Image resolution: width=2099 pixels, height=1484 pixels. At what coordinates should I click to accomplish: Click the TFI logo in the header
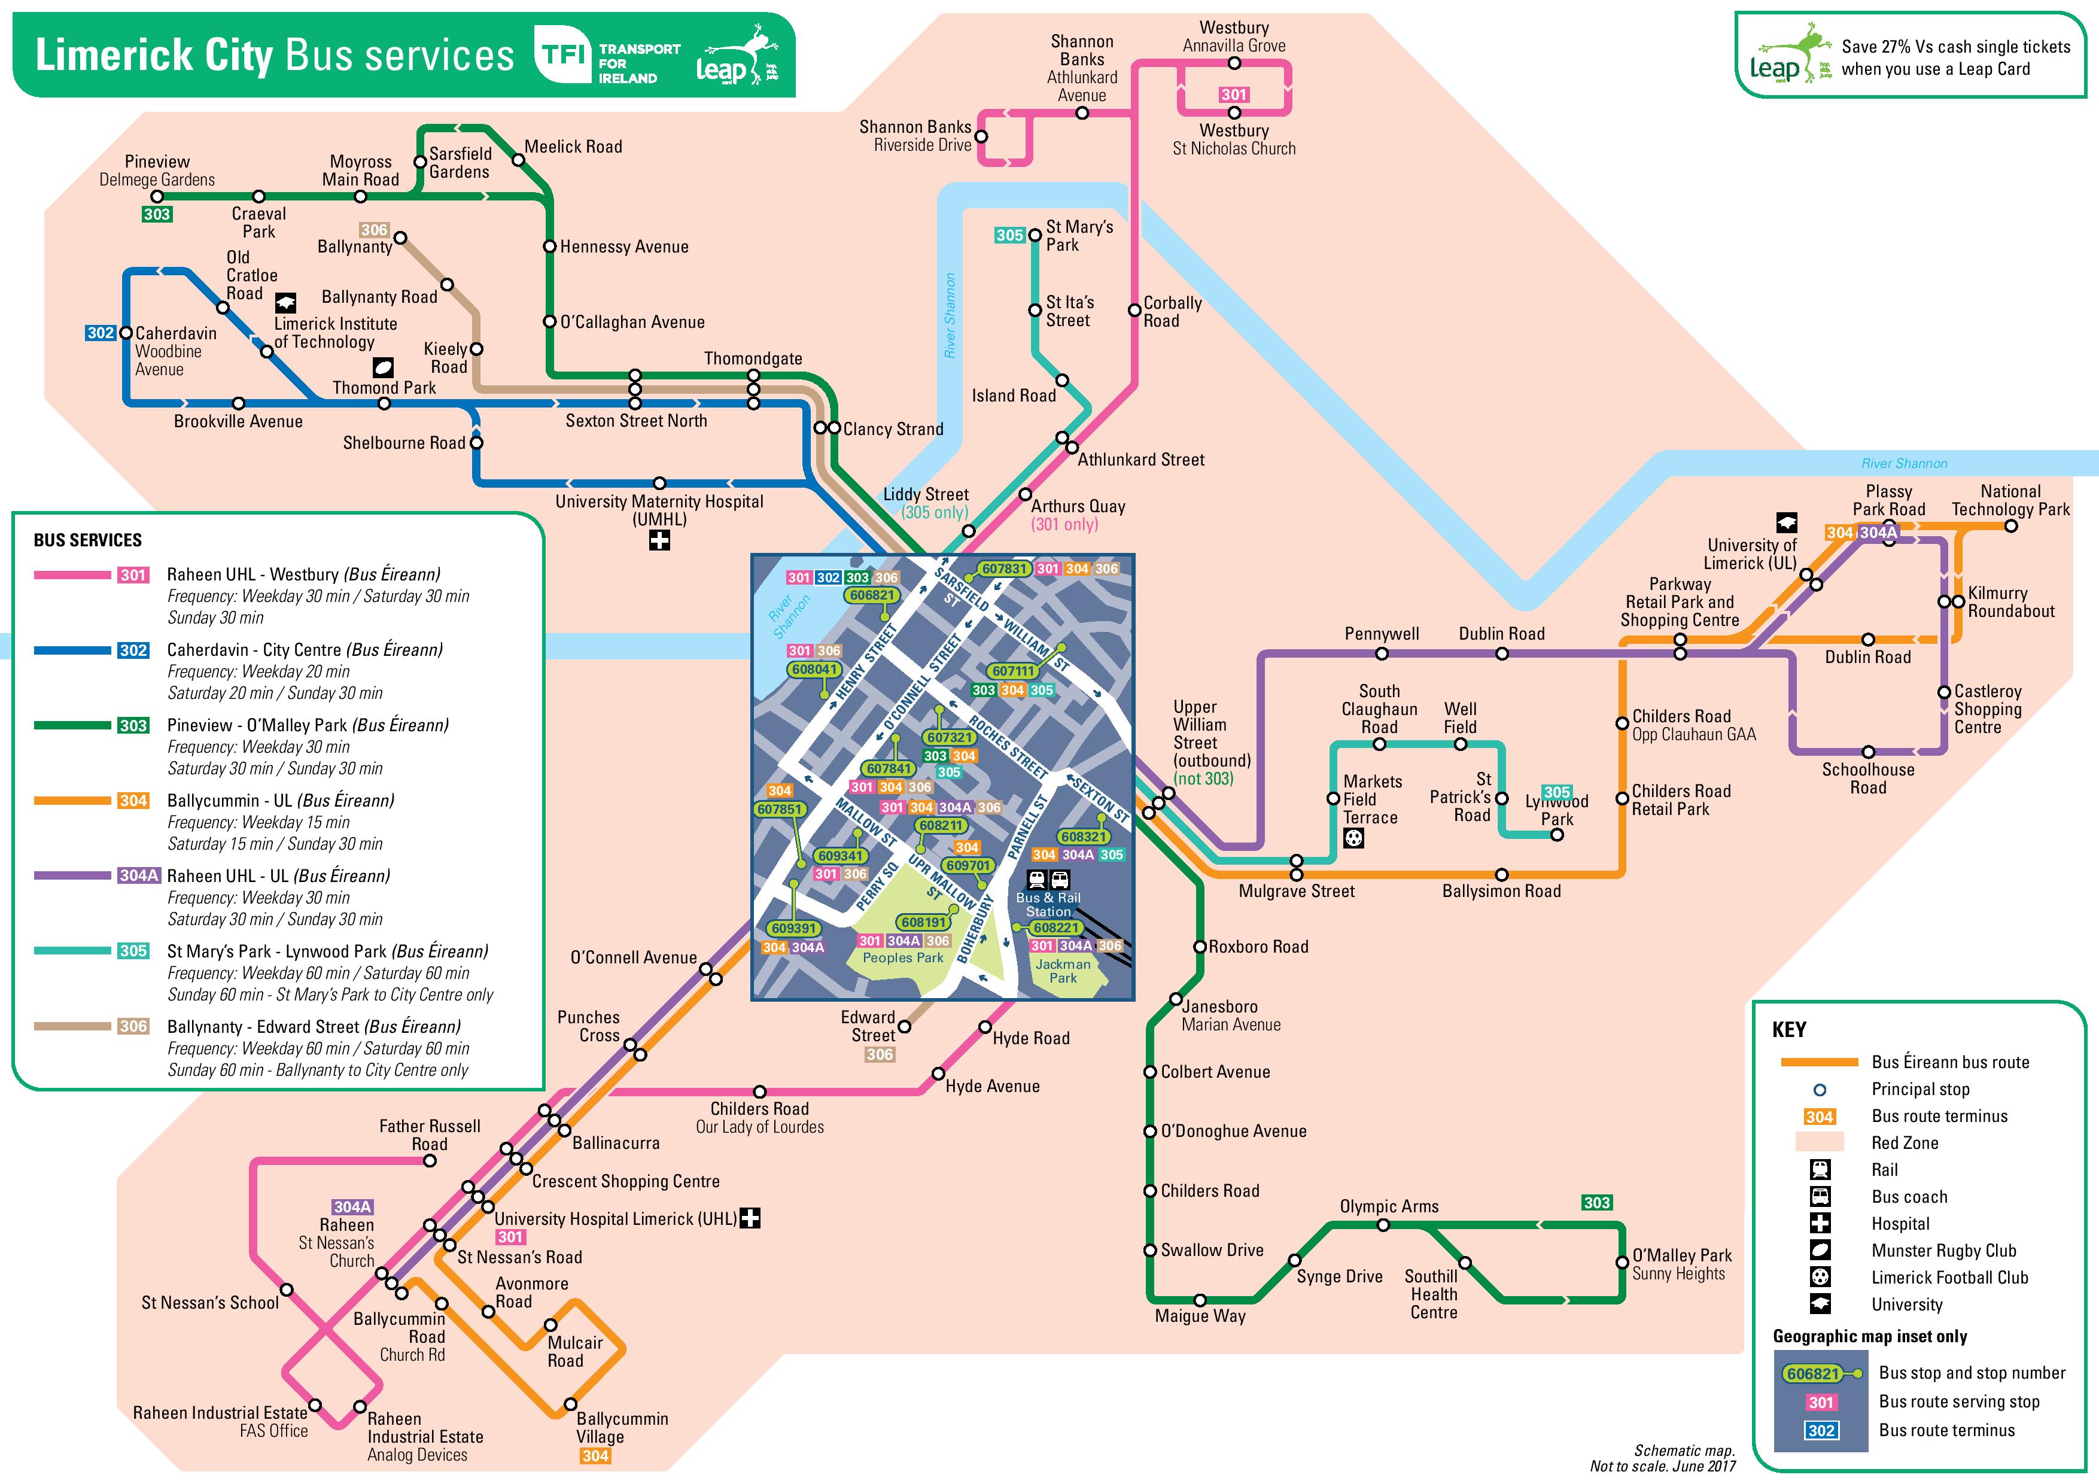coord(562,55)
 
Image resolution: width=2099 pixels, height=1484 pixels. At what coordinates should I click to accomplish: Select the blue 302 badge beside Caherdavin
coord(101,333)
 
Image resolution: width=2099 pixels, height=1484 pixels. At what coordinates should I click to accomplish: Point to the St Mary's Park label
coord(1079,236)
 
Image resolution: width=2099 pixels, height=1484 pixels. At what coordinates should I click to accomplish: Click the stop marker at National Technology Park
coord(2010,526)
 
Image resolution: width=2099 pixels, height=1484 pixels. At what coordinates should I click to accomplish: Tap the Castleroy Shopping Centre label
coord(1988,710)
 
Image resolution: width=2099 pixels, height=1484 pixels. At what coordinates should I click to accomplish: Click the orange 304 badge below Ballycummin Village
coord(595,1456)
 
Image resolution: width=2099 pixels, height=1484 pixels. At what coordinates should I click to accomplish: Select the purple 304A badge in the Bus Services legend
coord(139,875)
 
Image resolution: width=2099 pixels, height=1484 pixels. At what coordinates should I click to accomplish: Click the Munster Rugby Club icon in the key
coord(1820,1250)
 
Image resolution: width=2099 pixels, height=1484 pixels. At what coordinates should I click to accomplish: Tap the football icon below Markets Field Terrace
coord(1353,838)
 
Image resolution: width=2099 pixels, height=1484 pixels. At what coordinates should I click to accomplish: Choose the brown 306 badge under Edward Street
coord(880,1054)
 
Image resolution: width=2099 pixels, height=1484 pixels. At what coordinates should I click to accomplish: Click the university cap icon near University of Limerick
coord(1786,523)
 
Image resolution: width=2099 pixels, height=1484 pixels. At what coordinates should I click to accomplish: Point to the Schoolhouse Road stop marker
coord(1867,752)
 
